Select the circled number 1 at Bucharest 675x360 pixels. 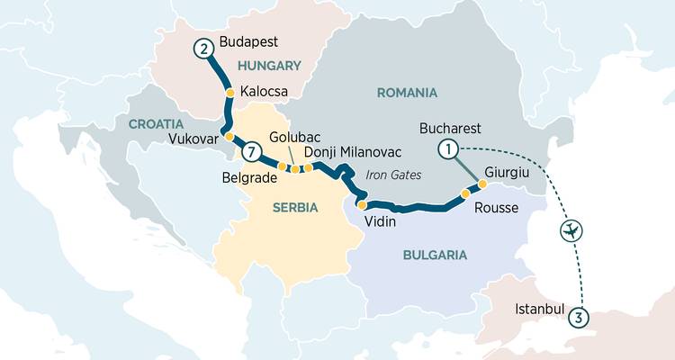tap(448, 148)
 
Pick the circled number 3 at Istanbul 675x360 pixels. tap(580, 316)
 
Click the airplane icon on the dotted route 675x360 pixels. tap(571, 231)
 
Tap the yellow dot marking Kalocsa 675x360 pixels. tap(229, 93)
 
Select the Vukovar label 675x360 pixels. tap(192, 138)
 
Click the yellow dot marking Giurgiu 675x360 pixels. tap(482, 184)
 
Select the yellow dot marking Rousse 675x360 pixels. tap(465, 193)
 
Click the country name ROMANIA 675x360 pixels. tap(407, 93)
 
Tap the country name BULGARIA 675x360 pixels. tap(435, 255)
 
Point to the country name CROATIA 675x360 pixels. tap(157, 122)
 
